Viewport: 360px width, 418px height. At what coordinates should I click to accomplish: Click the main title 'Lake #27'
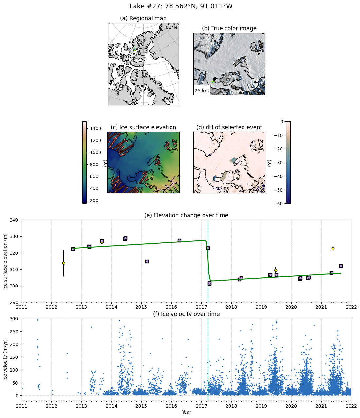pos(181,6)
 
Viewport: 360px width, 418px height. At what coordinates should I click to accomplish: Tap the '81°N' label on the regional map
pos(171,27)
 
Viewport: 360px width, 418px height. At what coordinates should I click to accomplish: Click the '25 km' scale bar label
pos(202,91)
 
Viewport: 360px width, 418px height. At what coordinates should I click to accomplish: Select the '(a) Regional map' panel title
pos(143,18)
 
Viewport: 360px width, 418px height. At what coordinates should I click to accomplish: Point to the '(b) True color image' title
pos(229,28)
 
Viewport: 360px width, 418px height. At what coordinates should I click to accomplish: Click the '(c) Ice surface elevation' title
pos(143,127)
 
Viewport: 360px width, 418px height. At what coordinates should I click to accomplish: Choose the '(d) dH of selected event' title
pos(229,127)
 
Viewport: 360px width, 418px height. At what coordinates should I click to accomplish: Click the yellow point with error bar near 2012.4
pos(63,263)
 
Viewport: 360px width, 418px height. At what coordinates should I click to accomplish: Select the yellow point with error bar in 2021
pos(333,249)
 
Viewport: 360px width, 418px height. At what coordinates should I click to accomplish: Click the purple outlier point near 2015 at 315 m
pos(147,261)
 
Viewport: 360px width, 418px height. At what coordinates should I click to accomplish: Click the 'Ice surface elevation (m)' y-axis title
pos(5,261)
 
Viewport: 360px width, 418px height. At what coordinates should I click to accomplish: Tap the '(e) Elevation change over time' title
pos(186,215)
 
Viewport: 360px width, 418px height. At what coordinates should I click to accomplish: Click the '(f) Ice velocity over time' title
pos(186,314)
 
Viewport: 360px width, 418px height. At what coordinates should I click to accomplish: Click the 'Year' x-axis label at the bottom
pos(186,412)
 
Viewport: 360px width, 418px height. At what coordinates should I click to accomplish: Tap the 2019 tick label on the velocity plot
pos(261,406)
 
